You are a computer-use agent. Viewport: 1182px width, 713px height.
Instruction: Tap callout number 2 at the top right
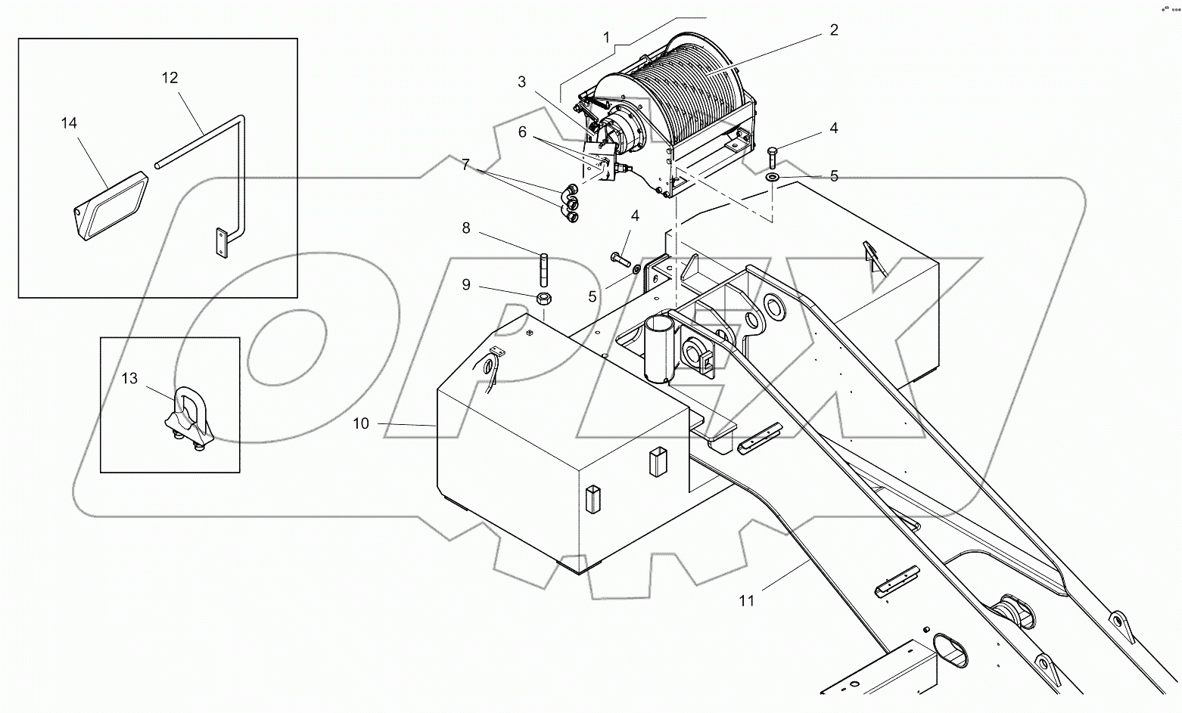click(x=833, y=30)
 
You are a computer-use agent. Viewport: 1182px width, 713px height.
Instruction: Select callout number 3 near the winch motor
click(x=522, y=82)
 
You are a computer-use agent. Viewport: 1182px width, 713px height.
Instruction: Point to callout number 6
click(x=522, y=132)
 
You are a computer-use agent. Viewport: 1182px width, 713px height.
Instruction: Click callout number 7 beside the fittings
click(x=465, y=164)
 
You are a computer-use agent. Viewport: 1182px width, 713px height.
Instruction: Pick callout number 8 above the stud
click(x=466, y=228)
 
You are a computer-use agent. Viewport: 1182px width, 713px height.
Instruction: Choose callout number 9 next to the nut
click(x=466, y=284)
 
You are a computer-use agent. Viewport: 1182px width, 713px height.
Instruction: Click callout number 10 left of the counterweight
click(x=361, y=423)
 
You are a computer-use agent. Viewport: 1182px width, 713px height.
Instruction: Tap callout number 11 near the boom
click(x=747, y=601)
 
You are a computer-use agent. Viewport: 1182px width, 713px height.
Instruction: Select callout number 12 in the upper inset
click(x=170, y=77)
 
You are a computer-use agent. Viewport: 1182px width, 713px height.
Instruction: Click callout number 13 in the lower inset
click(x=129, y=378)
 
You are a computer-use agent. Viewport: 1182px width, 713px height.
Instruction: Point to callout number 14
click(x=69, y=122)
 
